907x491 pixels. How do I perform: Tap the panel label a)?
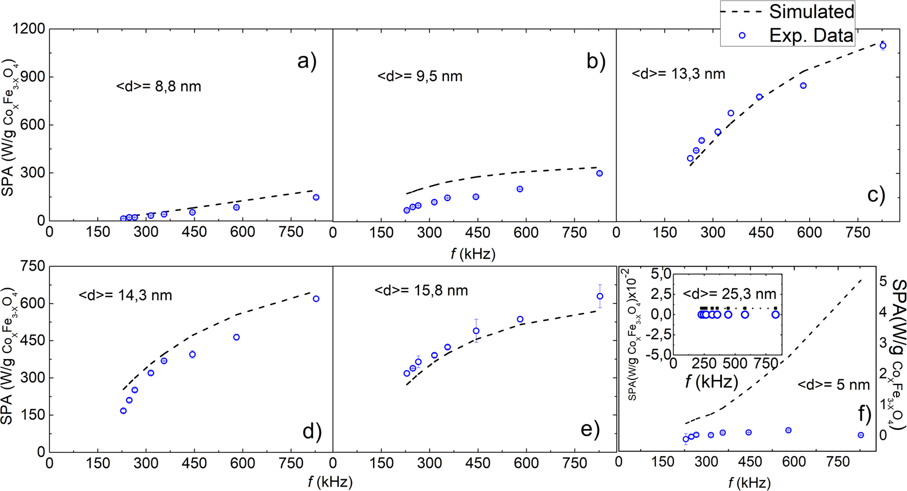click(x=307, y=60)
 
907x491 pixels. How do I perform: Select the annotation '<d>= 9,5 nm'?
click(x=420, y=76)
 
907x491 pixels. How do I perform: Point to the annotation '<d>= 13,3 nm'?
click(x=678, y=74)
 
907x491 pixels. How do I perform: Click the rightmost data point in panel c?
click(x=883, y=45)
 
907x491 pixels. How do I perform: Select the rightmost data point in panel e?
click(x=600, y=297)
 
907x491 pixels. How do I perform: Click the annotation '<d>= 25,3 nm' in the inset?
click(x=730, y=294)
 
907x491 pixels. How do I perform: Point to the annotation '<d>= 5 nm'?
click(x=833, y=384)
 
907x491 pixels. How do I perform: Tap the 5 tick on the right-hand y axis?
click(x=883, y=281)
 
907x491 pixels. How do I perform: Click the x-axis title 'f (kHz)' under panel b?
click(x=473, y=254)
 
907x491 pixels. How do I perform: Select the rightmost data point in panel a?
click(x=316, y=197)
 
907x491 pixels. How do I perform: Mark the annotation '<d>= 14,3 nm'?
click(x=125, y=295)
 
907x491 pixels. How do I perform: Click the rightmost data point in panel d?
click(x=316, y=299)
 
